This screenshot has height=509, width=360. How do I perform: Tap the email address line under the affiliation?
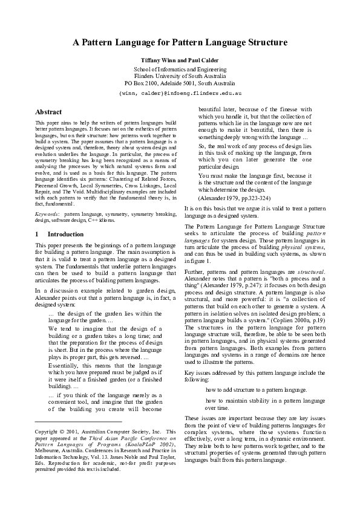point(180,95)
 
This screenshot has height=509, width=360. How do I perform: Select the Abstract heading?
point(48,112)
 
